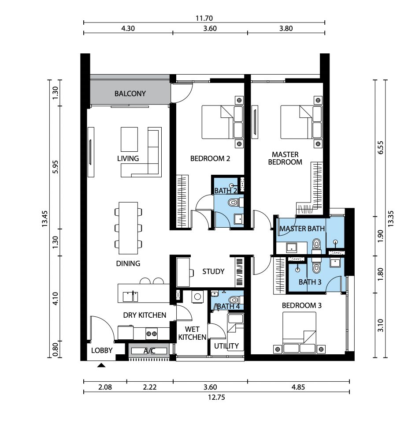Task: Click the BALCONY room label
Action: coord(130,94)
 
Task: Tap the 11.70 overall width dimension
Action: coord(204,18)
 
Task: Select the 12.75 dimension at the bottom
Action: coord(216,397)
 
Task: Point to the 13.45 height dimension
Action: coord(45,219)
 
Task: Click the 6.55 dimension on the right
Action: coord(381,147)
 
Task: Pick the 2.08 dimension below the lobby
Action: coord(105,387)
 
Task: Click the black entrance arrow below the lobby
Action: coord(101,365)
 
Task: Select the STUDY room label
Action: coord(213,271)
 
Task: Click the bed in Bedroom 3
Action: coord(299,333)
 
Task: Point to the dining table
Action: coord(128,228)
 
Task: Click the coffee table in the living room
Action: coord(129,139)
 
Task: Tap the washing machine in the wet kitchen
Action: coord(197,297)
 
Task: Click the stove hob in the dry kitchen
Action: coord(151,334)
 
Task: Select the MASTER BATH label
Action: coord(302,229)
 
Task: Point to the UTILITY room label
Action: coord(226,346)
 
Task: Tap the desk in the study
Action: coord(183,272)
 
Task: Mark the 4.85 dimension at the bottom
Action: coord(298,387)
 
